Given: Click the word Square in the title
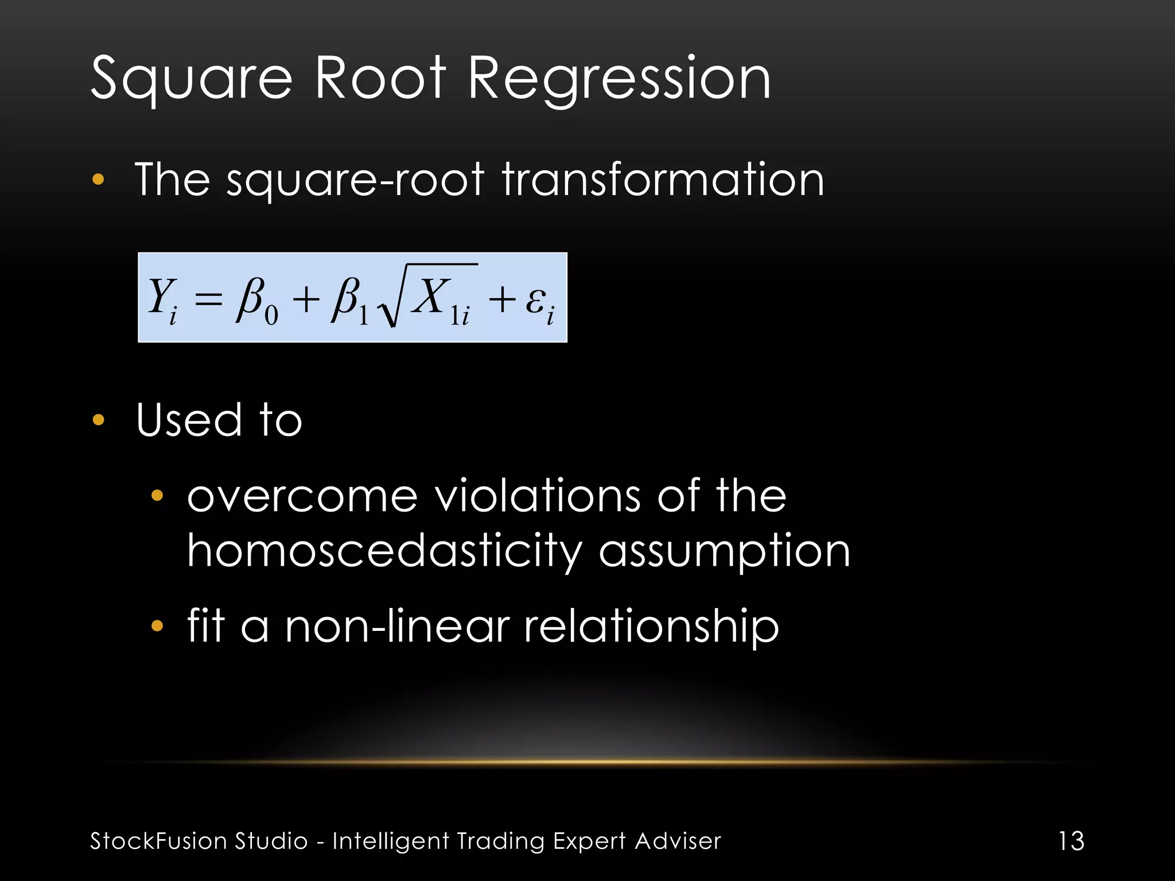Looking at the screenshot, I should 192,79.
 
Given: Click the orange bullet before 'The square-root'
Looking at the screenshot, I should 99,180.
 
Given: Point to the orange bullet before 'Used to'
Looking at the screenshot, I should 99,420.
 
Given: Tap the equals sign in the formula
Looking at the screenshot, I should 208,299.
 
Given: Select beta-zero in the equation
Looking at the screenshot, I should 256,301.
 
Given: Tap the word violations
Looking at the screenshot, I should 537,497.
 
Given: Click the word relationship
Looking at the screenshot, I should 652,626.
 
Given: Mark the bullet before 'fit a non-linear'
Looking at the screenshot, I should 157,626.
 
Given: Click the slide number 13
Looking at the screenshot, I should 1071,841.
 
